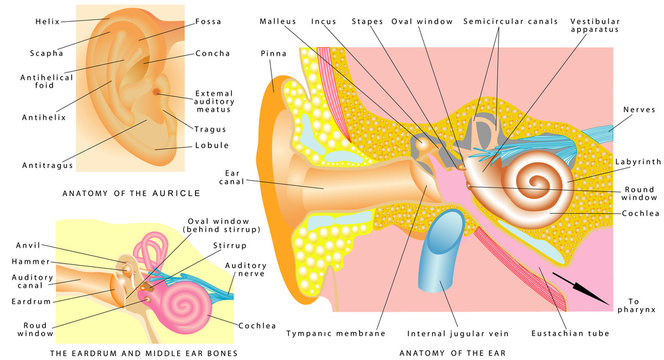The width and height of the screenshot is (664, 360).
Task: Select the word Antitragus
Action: coord(39,163)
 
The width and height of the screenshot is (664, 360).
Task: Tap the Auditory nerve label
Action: coord(245,271)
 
